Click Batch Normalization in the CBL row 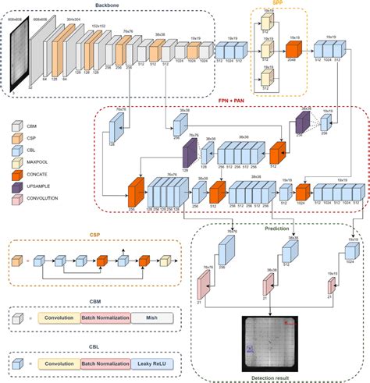(x=105, y=363)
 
